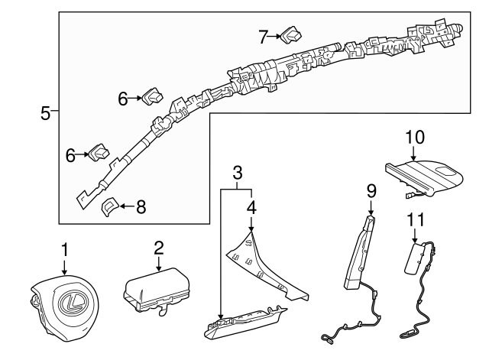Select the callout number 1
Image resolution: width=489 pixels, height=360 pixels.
[x=64, y=250]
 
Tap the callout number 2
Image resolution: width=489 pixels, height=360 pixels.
[x=159, y=248]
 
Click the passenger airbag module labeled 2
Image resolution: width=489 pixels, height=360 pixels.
[x=157, y=290]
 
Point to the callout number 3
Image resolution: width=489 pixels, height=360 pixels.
[x=238, y=173]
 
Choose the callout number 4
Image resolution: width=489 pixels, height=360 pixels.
[x=251, y=207]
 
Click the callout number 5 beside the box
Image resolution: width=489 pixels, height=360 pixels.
[x=45, y=113]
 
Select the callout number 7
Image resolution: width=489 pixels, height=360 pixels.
[x=263, y=37]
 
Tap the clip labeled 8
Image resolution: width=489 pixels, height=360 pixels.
[x=109, y=206]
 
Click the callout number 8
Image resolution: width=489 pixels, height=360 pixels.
[x=141, y=207]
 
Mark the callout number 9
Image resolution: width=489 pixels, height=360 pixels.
[x=371, y=191]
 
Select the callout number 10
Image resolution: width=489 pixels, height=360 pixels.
[x=415, y=137]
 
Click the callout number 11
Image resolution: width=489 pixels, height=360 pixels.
[x=416, y=219]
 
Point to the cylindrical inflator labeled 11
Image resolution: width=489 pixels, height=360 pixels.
[x=414, y=258]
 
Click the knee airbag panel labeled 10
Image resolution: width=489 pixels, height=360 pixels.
[x=424, y=178]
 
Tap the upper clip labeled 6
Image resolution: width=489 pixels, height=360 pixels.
[x=153, y=96]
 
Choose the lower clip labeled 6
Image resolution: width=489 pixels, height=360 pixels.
[x=99, y=153]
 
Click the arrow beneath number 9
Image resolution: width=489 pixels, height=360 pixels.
[x=371, y=208]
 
